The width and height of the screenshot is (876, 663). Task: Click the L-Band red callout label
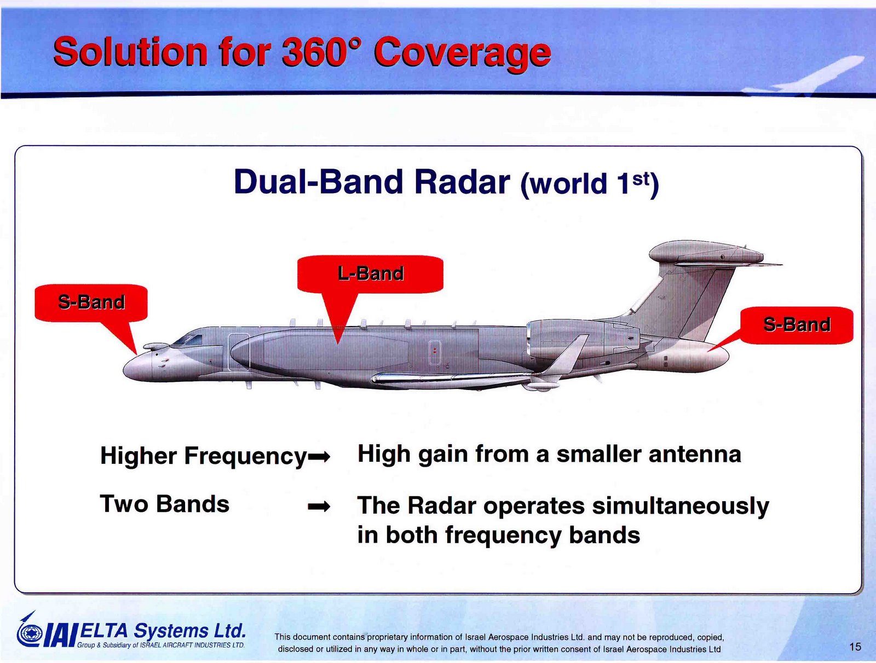370,273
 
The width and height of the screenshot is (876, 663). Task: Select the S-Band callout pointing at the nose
91,302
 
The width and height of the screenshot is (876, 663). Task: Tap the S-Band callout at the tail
797,325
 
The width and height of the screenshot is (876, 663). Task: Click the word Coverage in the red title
462,53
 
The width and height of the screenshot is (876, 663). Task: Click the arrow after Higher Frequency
319,457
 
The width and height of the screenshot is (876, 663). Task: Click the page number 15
855,647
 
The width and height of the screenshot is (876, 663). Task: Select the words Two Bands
164,504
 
